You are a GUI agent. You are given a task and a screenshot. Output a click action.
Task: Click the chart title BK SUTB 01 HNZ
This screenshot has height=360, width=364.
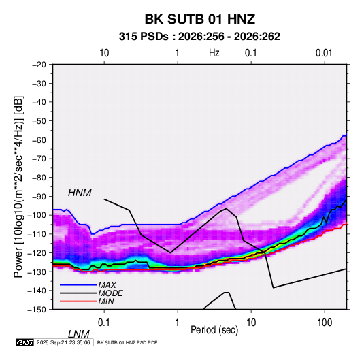tap(200, 19)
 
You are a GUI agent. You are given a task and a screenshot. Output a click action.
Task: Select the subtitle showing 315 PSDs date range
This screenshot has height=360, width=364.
tap(199, 37)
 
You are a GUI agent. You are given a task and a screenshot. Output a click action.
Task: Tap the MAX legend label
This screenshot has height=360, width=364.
tap(107, 285)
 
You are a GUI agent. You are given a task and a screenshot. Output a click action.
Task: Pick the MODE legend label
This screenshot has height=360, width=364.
tap(110, 293)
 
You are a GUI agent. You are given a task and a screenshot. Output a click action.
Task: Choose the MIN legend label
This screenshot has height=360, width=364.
tap(106, 301)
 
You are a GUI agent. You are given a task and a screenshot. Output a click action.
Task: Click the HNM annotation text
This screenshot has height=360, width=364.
tap(80, 193)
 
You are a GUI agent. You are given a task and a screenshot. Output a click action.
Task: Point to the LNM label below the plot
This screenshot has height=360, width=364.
tap(79, 334)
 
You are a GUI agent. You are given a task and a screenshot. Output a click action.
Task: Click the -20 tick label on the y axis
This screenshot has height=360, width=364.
tap(39, 65)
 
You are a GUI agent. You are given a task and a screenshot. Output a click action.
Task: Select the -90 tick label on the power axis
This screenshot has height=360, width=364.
tap(39, 197)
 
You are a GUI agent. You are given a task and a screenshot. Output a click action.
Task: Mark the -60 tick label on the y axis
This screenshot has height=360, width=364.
tap(39, 140)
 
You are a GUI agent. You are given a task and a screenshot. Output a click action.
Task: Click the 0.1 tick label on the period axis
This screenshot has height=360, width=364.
tap(104, 323)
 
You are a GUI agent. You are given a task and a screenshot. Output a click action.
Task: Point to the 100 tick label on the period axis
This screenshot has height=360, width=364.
tap(325, 323)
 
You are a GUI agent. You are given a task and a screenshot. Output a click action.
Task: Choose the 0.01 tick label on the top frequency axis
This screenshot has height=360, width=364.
tap(324, 53)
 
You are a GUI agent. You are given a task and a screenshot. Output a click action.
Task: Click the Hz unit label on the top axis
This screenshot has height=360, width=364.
tap(214, 53)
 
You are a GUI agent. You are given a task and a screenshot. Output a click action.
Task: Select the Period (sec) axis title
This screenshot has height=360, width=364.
tap(214, 330)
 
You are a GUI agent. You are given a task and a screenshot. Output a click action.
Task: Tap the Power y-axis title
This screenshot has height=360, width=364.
tap(18, 187)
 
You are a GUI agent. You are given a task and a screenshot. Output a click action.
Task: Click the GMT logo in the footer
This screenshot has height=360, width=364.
tap(25, 342)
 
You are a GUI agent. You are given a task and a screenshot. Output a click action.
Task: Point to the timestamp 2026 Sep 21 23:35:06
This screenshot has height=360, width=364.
tap(63, 342)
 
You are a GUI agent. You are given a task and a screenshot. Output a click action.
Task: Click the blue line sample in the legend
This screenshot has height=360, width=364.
tap(78, 285)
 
